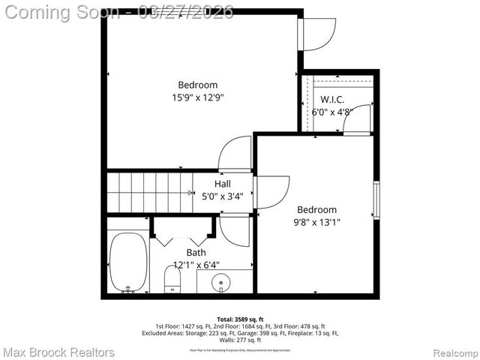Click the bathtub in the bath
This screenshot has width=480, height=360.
(127, 262)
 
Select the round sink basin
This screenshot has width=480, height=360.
(220, 283)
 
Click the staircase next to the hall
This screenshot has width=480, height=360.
(149, 192)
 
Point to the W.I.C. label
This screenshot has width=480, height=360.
(332, 100)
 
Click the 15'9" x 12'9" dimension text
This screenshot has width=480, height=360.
(198, 97)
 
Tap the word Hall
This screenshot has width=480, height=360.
(223, 184)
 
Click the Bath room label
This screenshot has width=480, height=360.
(196, 253)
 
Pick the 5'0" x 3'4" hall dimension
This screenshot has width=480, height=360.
(223, 196)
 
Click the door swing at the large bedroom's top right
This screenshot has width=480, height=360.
(315, 34)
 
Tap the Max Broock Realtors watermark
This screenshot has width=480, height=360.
(59, 352)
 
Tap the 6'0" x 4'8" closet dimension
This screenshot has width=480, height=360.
(332, 112)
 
